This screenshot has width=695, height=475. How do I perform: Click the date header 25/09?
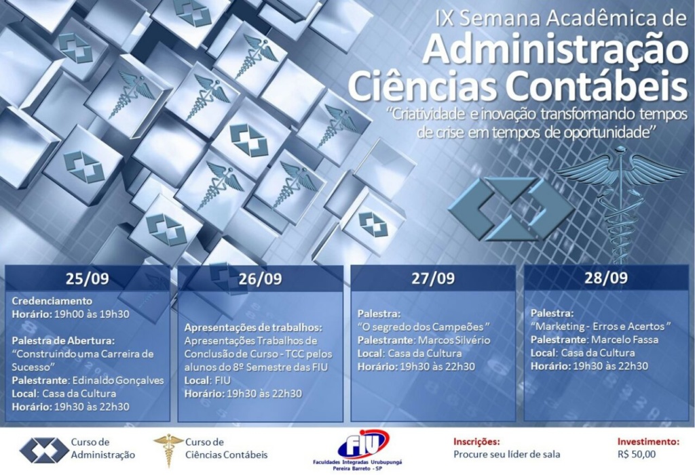pyautogui.click(x=88, y=278)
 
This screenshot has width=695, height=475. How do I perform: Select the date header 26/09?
pyautogui.click(x=260, y=278)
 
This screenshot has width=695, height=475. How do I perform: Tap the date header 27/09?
pyautogui.click(x=433, y=278)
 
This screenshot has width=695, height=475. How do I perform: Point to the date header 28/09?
pyautogui.click(x=606, y=278)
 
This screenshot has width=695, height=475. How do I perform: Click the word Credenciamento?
pyautogui.click(x=52, y=301)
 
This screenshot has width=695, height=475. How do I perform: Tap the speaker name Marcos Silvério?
pyautogui.click(x=454, y=340)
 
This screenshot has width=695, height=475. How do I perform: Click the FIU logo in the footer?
pyautogui.click(x=357, y=449)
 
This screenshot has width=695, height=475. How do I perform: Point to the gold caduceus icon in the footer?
pyautogui.click(x=168, y=450)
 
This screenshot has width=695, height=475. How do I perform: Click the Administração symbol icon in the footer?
pyautogui.click(x=44, y=450)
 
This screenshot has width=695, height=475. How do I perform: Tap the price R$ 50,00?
pyautogui.click(x=637, y=455)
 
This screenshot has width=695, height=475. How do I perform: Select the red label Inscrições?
pyautogui.click(x=476, y=442)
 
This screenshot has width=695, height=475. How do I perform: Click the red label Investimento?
pyautogui.click(x=648, y=441)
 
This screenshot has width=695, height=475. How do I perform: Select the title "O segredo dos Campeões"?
pyautogui.click(x=424, y=327)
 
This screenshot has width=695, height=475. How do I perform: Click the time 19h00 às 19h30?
pyautogui.click(x=92, y=314)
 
